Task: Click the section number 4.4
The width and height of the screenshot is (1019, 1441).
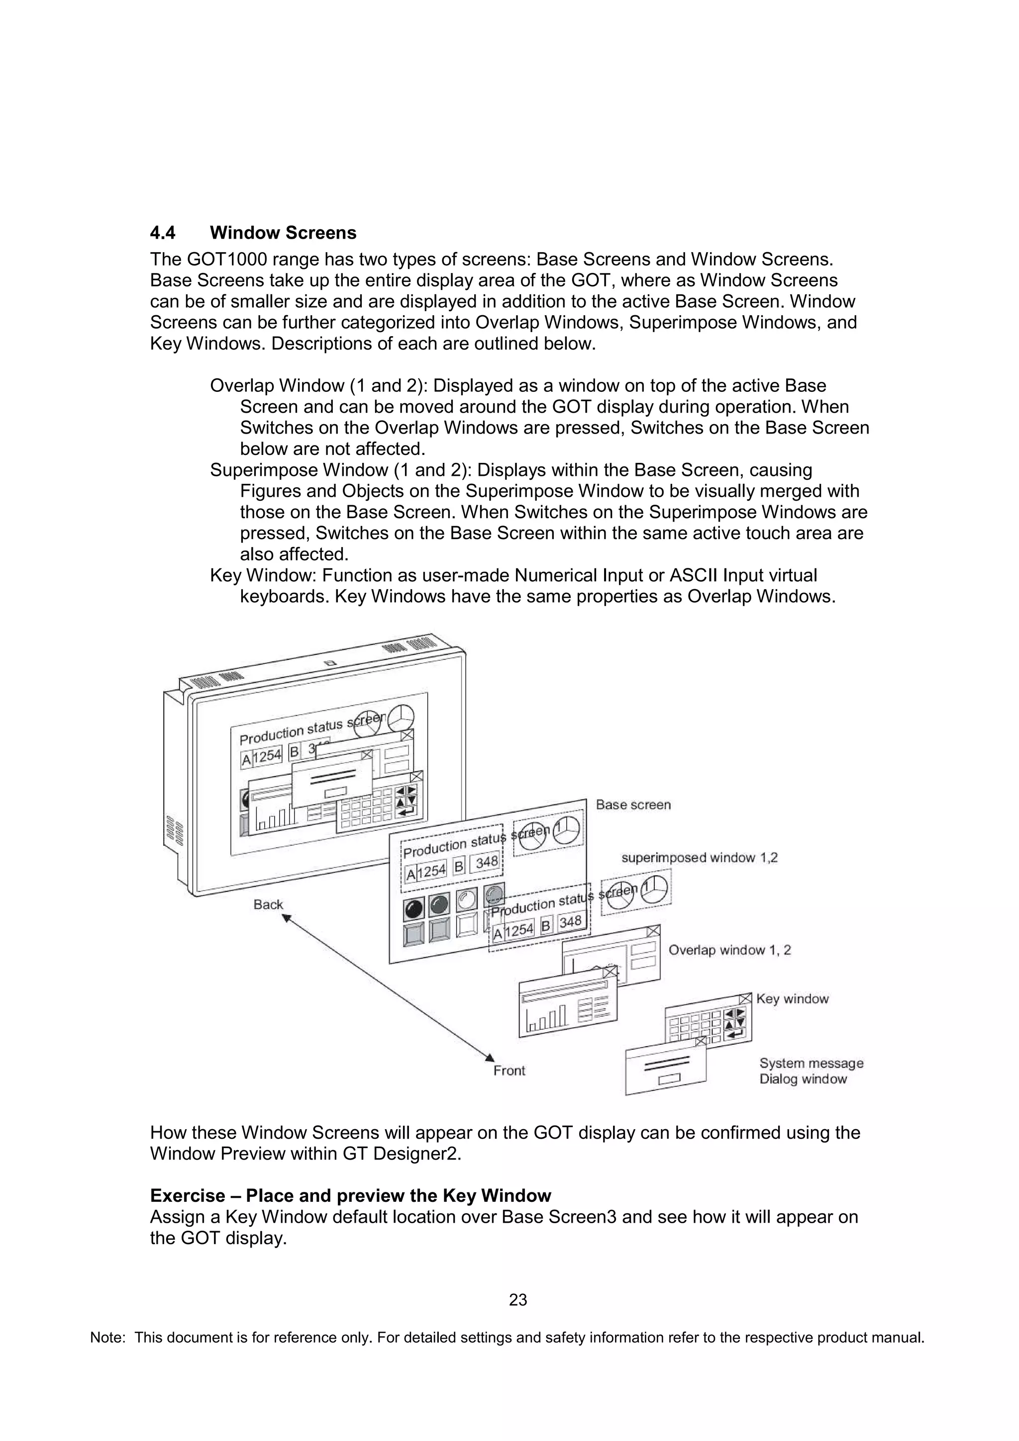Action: [163, 233]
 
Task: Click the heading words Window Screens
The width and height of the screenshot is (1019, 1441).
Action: [283, 233]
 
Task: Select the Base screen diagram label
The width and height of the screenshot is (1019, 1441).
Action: [633, 805]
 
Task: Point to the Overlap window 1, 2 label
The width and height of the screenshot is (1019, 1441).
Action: [729, 950]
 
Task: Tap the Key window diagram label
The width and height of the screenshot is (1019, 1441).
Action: [792, 998]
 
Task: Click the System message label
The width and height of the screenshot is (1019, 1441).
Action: [811, 1063]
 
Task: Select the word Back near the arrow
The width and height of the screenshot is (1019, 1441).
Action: [268, 904]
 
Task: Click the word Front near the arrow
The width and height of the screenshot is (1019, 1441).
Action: [509, 1071]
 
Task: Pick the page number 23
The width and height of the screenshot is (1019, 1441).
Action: [518, 1300]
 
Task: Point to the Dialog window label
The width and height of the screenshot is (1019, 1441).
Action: [803, 1079]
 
